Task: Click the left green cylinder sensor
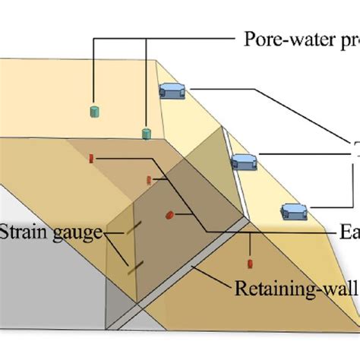(x=95, y=112)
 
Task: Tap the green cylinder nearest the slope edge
(x=146, y=134)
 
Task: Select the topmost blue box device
(x=173, y=90)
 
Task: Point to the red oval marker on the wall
(x=169, y=216)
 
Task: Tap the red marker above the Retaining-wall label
(x=250, y=264)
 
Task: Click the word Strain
(x=23, y=232)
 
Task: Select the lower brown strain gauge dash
(x=136, y=265)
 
